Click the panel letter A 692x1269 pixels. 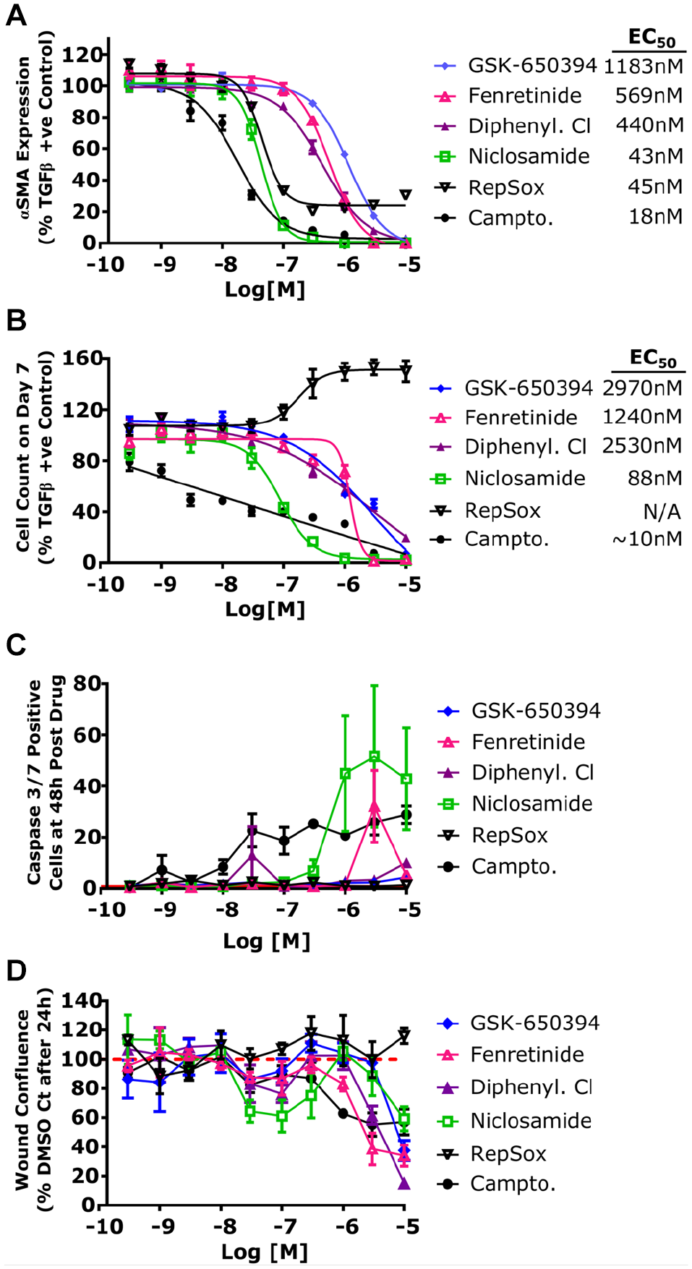[15, 14]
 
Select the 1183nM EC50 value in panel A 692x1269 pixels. [644, 67]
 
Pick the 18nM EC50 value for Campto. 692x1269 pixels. [655, 216]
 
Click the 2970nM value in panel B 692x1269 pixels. [642, 388]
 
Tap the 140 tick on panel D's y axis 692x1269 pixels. [80, 1001]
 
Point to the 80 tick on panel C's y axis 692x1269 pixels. [86, 683]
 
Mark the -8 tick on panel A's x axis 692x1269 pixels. [226, 265]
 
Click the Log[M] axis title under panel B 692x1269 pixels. [265, 609]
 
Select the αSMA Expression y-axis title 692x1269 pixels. [25, 138]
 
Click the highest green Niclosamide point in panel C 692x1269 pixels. [375, 756]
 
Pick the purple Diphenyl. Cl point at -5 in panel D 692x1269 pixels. [405, 1184]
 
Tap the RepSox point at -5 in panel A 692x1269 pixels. [406, 195]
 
